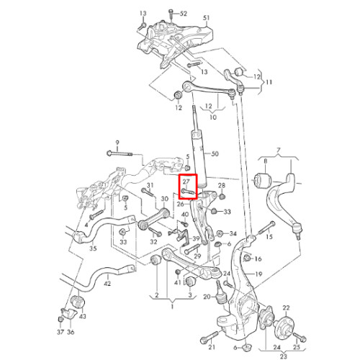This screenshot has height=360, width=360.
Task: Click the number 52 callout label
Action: [183, 14]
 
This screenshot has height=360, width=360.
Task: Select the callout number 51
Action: [206, 18]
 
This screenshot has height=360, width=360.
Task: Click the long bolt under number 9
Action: [120, 153]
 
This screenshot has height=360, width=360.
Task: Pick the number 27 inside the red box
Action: [186, 182]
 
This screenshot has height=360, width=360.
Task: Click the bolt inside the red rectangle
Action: [188, 192]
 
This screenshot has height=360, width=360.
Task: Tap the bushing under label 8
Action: [263, 180]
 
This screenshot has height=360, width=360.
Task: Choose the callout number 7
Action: [278, 150]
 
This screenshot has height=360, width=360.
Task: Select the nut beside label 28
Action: [222, 197]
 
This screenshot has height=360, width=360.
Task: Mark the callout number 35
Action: [93, 248]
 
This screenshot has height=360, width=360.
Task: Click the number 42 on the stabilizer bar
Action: [107, 284]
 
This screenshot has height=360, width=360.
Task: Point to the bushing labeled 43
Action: [78, 302]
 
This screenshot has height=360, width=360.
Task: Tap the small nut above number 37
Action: [60, 320]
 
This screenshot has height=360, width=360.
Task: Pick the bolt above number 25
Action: [300, 336]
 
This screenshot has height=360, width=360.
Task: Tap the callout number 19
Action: [258, 274]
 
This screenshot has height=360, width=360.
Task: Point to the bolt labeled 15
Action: [267, 228]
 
